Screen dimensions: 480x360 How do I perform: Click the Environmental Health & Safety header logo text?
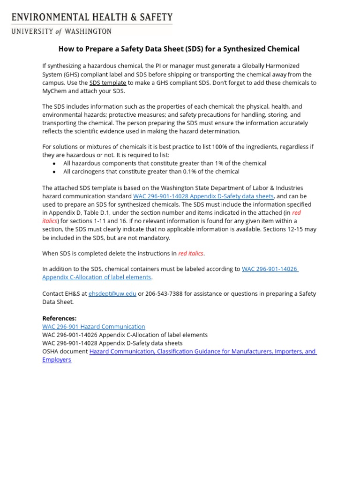click(92, 17)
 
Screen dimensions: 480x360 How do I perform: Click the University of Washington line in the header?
click(61, 31)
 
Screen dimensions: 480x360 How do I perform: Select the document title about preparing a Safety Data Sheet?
click(179, 49)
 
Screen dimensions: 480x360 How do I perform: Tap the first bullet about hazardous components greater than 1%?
click(165, 163)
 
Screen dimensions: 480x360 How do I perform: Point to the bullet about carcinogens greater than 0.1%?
click(151, 172)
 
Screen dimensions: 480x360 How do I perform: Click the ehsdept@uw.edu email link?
click(112, 294)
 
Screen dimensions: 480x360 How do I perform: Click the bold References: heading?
click(60, 318)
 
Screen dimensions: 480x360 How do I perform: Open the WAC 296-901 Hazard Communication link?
click(94, 327)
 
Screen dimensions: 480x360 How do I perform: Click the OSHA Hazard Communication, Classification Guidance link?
click(203, 352)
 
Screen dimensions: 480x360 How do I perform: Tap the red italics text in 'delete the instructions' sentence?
click(191, 254)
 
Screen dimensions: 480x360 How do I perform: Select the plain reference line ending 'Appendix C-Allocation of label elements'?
click(125, 335)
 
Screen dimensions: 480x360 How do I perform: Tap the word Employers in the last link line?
click(57, 360)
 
